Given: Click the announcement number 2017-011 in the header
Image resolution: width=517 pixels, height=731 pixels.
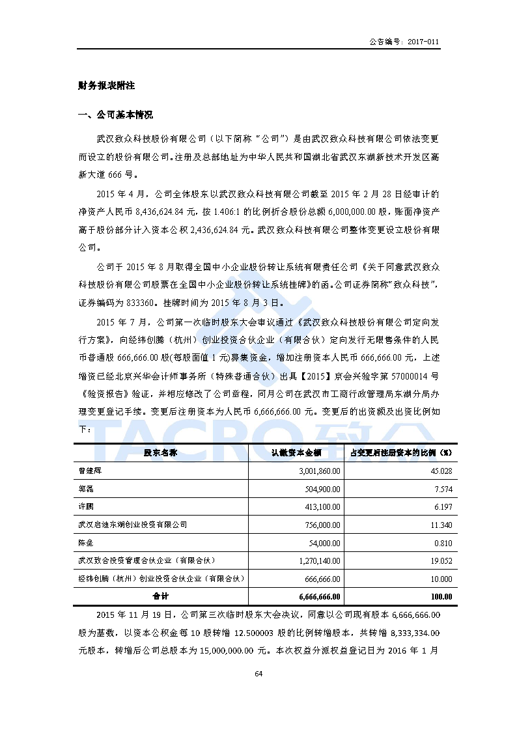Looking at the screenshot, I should tap(424, 42).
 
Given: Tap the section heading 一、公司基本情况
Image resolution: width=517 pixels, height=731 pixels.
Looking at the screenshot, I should tap(115, 115).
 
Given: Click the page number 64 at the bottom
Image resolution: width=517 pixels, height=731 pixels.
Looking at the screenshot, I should tap(258, 674).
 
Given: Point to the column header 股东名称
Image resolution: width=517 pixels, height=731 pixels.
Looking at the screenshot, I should tap(160, 452).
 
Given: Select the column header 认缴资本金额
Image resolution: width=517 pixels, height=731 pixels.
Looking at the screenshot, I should tap(296, 452).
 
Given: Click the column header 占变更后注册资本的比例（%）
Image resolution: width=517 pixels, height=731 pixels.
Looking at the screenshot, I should tap(400, 452).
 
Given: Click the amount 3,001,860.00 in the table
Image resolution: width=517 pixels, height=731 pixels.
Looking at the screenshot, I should tap(319, 471).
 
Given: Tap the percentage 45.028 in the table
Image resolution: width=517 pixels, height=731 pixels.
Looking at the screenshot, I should tap(442, 471).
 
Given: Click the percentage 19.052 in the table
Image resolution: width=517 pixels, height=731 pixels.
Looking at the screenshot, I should tap(442, 560).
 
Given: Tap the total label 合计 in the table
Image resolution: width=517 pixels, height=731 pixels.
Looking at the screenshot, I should tap(160, 596).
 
